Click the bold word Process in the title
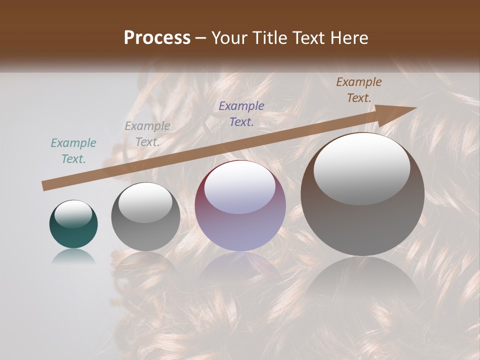(x=157, y=38)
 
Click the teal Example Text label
(x=73, y=151)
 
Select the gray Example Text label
(x=147, y=134)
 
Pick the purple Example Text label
(x=241, y=113)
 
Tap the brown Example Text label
(x=358, y=90)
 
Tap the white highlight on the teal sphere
(x=73, y=214)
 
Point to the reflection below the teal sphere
(x=73, y=257)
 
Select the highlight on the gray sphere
(x=145, y=202)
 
